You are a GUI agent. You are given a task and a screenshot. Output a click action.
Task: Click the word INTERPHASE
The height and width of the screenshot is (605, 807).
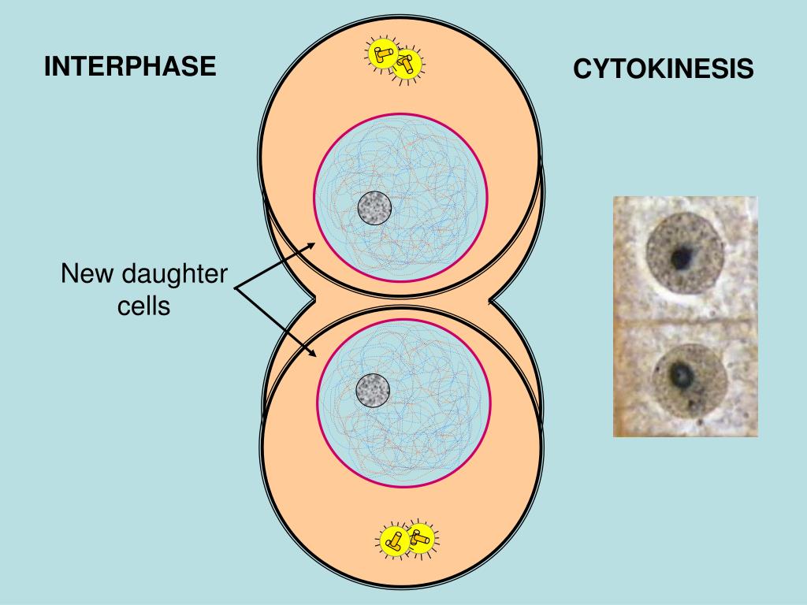129,67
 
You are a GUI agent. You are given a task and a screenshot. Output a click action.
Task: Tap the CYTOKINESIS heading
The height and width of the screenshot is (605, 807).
663,70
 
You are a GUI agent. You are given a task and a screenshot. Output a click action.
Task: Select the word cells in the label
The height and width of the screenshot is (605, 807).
144,306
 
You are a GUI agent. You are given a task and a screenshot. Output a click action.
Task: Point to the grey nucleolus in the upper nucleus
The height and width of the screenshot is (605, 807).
374,208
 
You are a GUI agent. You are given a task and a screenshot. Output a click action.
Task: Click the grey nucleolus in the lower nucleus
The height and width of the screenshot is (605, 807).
373,390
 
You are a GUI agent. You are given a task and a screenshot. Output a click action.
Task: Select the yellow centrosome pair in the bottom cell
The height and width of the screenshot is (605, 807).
407,540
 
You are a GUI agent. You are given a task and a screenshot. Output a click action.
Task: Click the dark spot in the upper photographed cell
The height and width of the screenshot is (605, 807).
681,255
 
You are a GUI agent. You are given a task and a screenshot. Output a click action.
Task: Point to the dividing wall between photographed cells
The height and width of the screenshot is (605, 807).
684,322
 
